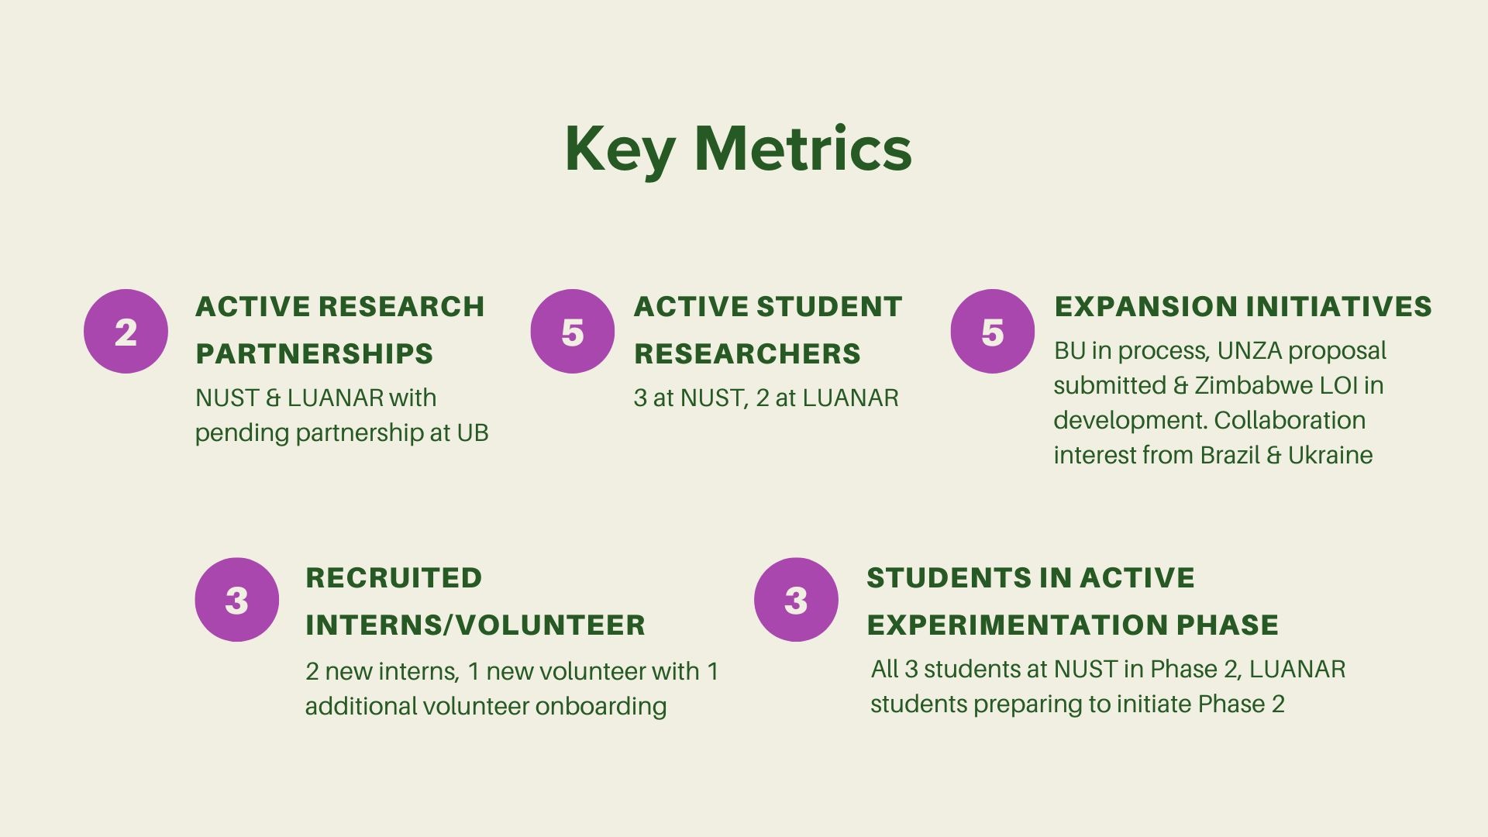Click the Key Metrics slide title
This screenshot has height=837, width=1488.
coord(738,149)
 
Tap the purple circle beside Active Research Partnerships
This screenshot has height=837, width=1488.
coord(126,332)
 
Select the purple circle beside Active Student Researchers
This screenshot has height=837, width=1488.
coord(573,332)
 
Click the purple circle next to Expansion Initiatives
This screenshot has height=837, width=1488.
coord(993,332)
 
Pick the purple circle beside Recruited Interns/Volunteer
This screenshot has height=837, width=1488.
coord(237,600)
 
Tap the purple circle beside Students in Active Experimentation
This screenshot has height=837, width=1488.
coord(796,600)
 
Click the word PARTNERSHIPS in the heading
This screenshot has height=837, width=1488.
coord(314,354)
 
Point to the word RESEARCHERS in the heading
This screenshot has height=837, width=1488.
coord(747,354)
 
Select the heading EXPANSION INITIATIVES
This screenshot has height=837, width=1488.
coord(1243,307)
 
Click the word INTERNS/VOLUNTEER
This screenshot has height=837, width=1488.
coord(475,625)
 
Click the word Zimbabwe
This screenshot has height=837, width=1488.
coord(1254,385)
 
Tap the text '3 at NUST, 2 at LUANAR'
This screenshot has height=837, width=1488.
coord(766,398)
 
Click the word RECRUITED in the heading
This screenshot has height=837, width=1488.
coord(394,578)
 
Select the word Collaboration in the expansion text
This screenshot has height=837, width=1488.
coord(1290,420)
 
